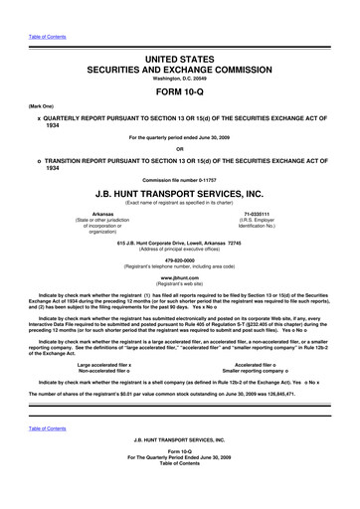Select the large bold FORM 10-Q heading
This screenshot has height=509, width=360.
(179, 104)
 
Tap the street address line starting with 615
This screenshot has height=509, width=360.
(179, 270)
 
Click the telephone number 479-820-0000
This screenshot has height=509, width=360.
(179, 292)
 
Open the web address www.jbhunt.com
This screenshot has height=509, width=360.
(179, 308)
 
